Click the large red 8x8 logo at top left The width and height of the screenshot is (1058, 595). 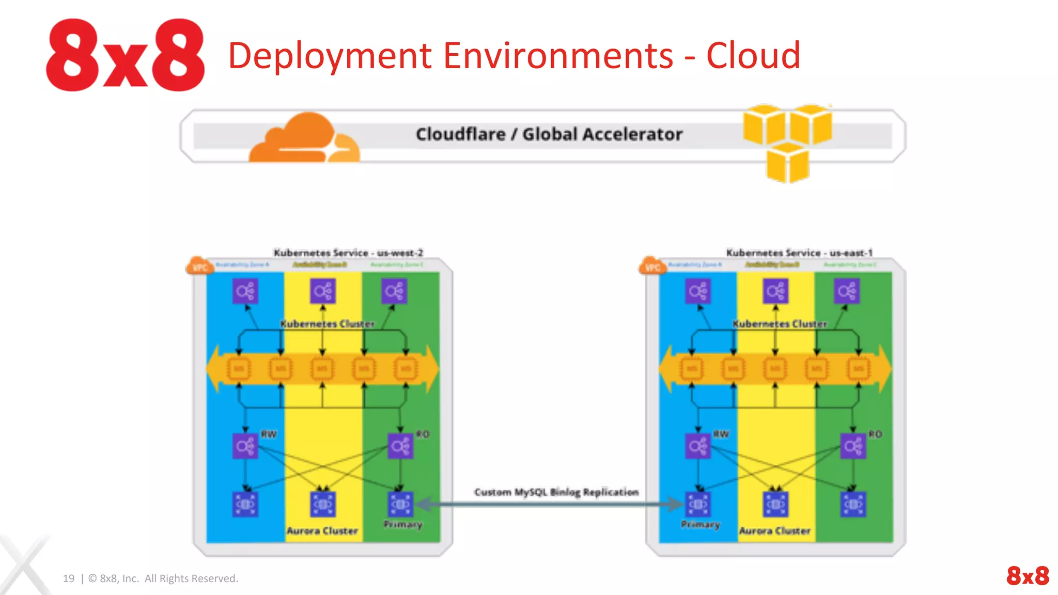click(x=126, y=55)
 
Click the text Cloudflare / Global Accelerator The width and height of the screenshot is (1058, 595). click(x=549, y=134)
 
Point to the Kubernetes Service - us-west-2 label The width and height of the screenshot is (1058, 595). click(x=348, y=253)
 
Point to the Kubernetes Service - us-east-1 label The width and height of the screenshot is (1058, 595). click(x=799, y=253)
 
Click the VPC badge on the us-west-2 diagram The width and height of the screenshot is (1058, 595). click(x=199, y=267)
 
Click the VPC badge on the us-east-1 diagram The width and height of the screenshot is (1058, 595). click(x=652, y=267)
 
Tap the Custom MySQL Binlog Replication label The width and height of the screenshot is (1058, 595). click(x=556, y=492)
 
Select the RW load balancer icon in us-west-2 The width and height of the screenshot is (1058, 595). click(x=245, y=446)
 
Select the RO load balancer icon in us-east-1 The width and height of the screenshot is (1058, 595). click(x=853, y=446)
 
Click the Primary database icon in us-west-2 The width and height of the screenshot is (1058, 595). click(x=400, y=504)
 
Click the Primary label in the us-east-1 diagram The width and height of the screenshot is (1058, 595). click(x=700, y=525)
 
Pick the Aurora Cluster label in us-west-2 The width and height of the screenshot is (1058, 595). click(x=322, y=530)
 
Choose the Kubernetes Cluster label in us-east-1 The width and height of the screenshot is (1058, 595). click(x=780, y=324)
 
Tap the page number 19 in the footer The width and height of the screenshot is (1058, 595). click(x=69, y=578)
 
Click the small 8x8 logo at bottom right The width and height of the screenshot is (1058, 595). click(x=1027, y=575)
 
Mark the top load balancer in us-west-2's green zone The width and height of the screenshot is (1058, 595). click(x=394, y=291)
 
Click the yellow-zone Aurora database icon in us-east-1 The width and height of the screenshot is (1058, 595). click(x=775, y=504)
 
